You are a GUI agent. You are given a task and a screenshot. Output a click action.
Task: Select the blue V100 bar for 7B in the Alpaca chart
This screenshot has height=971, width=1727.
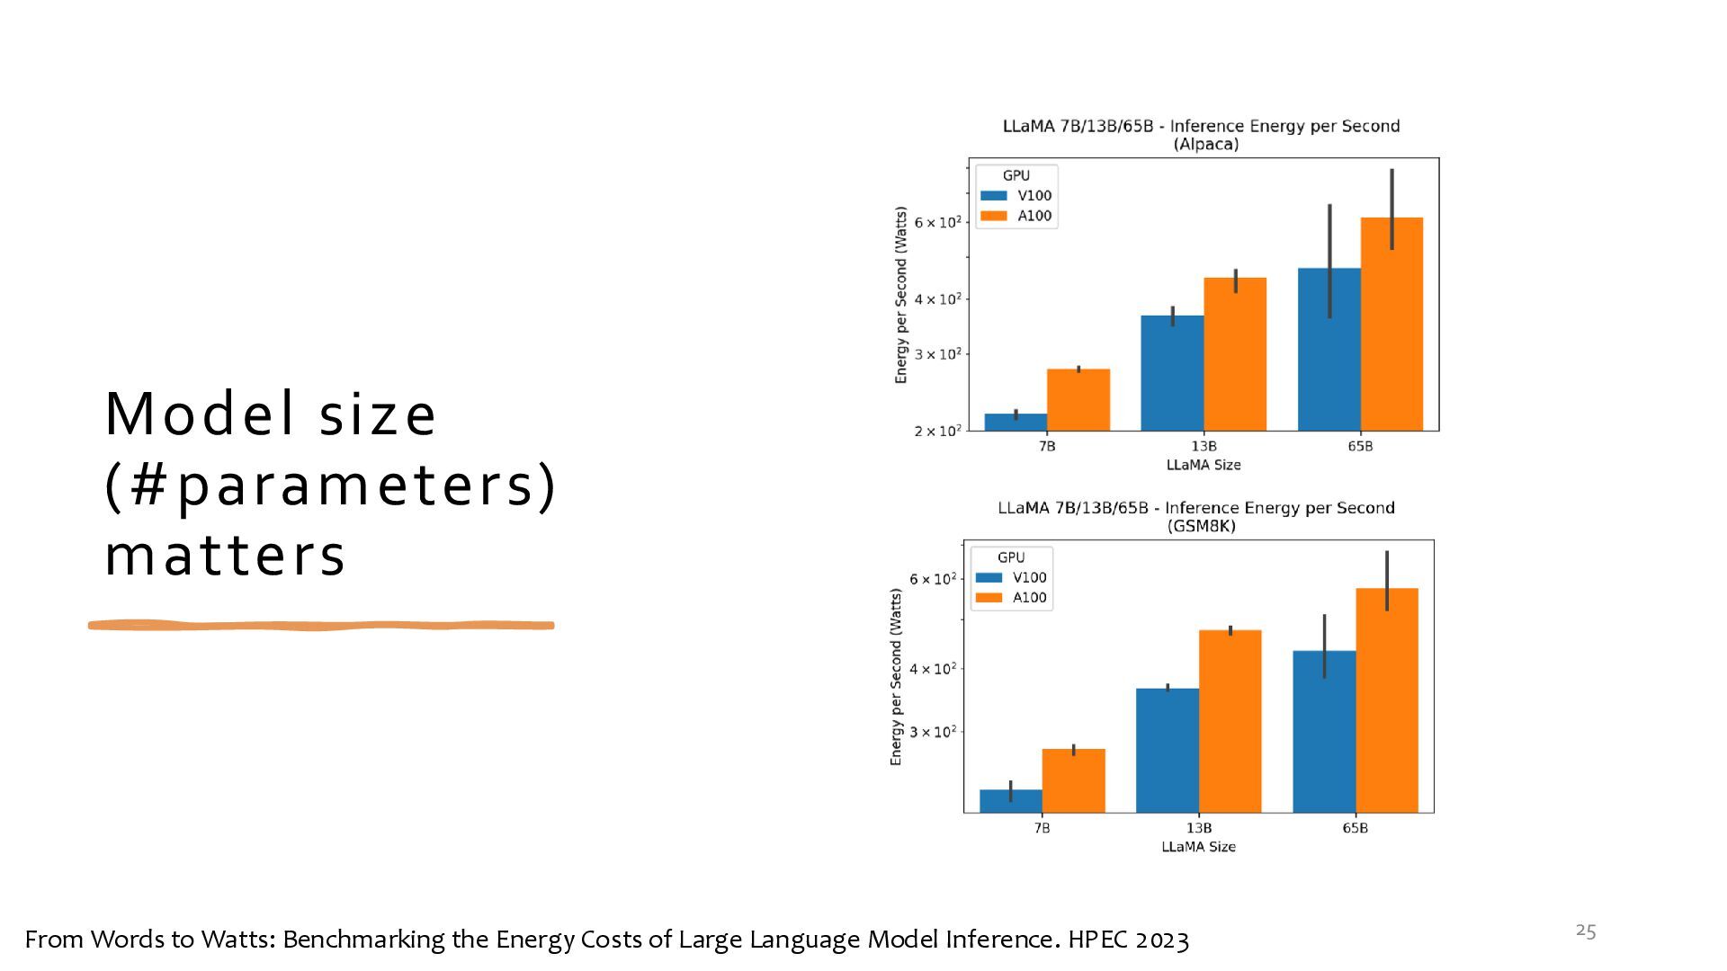(x=1016, y=422)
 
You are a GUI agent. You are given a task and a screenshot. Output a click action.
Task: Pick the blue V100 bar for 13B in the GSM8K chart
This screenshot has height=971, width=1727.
(x=1168, y=750)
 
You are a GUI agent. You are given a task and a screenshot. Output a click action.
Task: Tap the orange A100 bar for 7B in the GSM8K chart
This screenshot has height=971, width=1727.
(x=1073, y=780)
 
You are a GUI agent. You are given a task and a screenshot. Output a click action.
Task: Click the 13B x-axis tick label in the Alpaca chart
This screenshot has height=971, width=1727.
(x=1204, y=446)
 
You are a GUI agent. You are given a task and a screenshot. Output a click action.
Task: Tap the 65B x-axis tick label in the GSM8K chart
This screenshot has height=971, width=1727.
(x=1355, y=828)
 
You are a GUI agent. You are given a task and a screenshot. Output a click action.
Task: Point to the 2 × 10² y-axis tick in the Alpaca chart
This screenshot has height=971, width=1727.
(x=937, y=432)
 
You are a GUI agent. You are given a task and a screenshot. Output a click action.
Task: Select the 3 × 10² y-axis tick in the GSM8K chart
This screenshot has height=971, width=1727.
(x=933, y=732)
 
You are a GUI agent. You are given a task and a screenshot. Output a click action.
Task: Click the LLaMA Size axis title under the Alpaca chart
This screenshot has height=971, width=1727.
(x=1204, y=465)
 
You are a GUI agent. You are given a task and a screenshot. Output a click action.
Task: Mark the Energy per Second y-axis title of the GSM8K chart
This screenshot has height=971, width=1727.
(x=896, y=677)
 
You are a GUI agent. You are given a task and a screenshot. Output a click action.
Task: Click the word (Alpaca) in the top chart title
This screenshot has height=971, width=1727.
(x=1206, y=144)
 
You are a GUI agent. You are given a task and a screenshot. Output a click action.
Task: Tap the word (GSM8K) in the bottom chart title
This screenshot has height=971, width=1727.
(x=1201, y=526)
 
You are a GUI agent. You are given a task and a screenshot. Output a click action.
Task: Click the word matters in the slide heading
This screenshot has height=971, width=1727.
(x=225, y=557)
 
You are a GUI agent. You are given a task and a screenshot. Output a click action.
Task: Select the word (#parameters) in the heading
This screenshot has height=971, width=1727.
(x=331, y=485)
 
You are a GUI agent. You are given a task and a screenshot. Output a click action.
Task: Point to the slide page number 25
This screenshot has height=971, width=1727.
(x=1586, y=931)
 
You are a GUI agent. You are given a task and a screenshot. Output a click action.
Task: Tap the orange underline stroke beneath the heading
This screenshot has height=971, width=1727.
(x=321, y=625)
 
